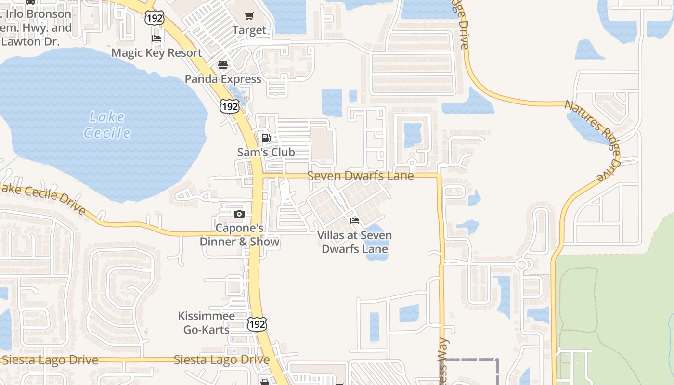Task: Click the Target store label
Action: point(249,30)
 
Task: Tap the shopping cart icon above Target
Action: point(249,17)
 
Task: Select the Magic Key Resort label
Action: point(156,53)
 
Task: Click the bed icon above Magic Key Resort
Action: point(156,38)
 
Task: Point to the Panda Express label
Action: point(223,79)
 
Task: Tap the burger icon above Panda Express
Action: point(222,64)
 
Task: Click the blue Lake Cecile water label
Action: point(107,125)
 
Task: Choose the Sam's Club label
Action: point(266,153)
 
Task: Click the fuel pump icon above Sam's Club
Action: point(266,139)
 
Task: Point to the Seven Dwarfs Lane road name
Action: point(360,176)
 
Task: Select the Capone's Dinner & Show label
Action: point(239,235)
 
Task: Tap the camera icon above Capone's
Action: point(239,214)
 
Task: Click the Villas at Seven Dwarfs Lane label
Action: point(355,242)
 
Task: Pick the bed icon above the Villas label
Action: point(355,221)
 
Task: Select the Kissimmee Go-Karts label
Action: point(206,322)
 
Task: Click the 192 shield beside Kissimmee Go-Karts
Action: point(257,324)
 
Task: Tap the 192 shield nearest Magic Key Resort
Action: point(154,18)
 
